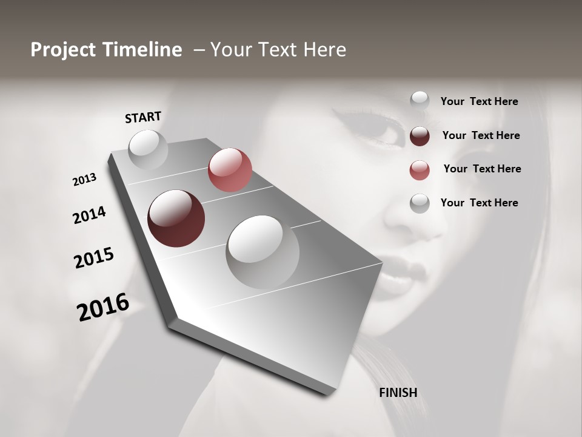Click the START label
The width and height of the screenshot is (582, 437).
pyautogui.click(x=143, y=117)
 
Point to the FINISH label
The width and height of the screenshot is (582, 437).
pyautogui.click(x=398, y=393)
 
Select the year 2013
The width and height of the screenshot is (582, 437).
pyautogui.click(x=85, y=180)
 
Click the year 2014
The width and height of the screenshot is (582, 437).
pyautogui.click(x=90, y=215)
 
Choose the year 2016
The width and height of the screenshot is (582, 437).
pyautogui.click(x=103, y=307)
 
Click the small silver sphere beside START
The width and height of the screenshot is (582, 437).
pyautogui.click(x=148, y=149)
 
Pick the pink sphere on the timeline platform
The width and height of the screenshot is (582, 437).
pyautogui.click(x=230, y=169)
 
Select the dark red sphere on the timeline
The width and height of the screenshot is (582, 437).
pyautogui.click(x=176, y=218)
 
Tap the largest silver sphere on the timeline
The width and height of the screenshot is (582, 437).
pyautogui.click(x=263, y=251)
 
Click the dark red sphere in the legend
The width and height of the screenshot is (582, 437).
pyautogui.click(x=420, y=135)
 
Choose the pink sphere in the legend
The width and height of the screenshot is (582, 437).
pyautogui.click(x=420, y=169)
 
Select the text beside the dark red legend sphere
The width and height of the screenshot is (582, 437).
pyautogui.click(x=481, y=135)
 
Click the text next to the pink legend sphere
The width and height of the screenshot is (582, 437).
pyautogui.click(x=482, y=169)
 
